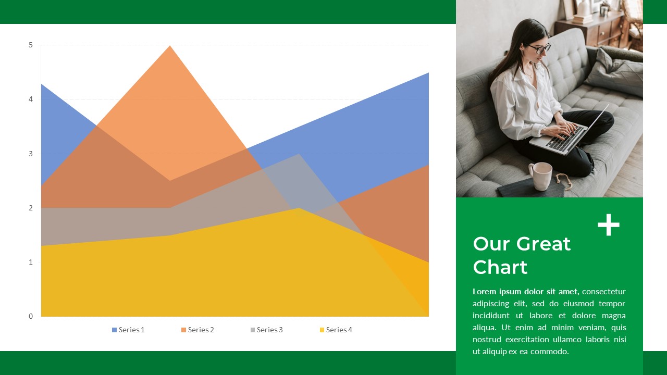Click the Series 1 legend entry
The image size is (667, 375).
[128, 330]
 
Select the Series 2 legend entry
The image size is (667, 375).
[197, 330]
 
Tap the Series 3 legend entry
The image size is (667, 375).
[266, 330]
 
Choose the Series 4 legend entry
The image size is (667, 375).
[336, 330]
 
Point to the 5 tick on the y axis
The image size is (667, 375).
[31, 45]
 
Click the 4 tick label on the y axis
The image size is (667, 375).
[31, 99]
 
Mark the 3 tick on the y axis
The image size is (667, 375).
[31, 154]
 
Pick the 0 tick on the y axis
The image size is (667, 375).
[31, 316]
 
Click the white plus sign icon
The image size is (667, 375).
[608, 225]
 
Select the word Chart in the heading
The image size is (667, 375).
[500, 267]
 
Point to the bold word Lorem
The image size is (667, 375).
[484, 291]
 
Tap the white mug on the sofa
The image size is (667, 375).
[541, 176]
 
